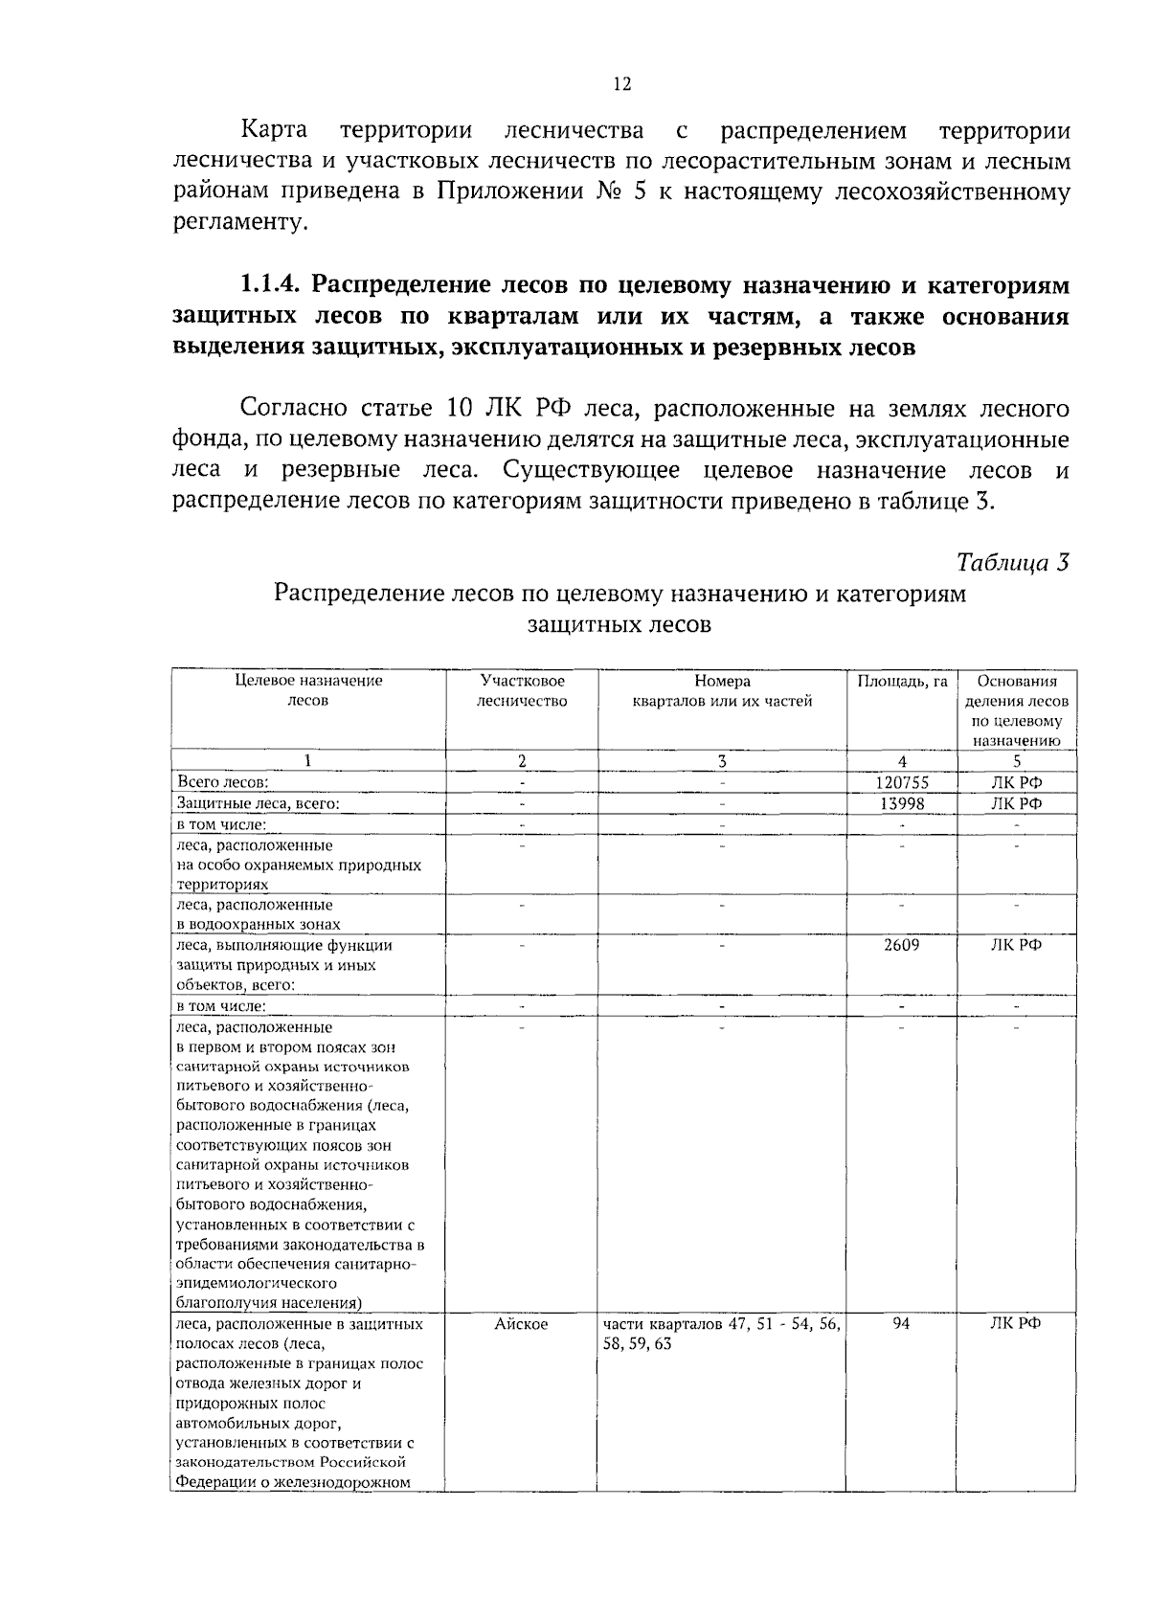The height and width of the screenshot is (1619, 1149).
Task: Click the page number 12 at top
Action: [x=621, y=84]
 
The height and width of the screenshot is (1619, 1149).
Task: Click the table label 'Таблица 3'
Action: [x=1012, y=562]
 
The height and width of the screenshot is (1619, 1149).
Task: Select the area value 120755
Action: [x=902, y=782]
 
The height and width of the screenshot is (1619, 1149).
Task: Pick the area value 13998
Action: [x=902, y=803]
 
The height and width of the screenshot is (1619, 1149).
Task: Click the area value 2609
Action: [x=902, y=945]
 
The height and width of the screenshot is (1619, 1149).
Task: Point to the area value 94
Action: [x=902, y=1323]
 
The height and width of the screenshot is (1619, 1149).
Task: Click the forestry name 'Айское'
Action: [x=521, y=1323]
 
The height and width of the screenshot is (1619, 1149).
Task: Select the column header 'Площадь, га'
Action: [x=902, y=681]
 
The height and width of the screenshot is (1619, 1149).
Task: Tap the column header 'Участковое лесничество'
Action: [x=522, y=691]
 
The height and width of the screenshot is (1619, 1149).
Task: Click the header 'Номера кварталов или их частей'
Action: [x=722, y=691]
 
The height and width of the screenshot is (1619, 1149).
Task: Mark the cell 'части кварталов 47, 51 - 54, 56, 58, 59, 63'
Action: [x=722, y=1333]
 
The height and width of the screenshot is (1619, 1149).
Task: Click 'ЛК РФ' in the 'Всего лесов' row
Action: [x=1016, y=782]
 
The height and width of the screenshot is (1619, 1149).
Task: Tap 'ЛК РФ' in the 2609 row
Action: [x=1016, y=945]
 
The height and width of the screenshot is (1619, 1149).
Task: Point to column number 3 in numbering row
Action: [x=722, y=761]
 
